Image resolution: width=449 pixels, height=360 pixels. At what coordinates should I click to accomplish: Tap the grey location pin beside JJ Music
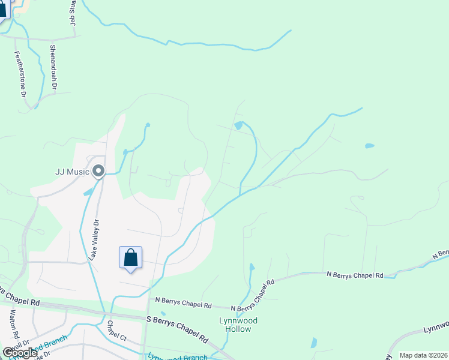pos(99,172)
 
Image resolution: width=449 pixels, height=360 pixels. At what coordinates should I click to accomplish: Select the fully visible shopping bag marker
pos(131,258)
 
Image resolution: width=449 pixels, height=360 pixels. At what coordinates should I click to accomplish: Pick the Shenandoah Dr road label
pos(53,67)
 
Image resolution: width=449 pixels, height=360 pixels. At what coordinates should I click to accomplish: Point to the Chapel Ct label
pos(116,331)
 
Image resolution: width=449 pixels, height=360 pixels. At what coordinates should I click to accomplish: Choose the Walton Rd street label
pos(13,325)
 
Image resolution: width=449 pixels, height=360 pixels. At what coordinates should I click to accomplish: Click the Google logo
pos(20,352)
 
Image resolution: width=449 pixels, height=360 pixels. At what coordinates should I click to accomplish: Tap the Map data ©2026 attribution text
pos(424,355)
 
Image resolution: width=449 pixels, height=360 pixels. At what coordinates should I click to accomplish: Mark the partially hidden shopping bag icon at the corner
pos(3,9)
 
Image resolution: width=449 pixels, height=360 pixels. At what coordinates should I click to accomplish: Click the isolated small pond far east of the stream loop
pos(369,146)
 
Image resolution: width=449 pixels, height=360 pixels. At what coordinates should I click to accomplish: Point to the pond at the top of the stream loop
pos(239,125)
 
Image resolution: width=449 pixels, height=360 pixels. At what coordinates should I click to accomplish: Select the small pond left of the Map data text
pos(313,343)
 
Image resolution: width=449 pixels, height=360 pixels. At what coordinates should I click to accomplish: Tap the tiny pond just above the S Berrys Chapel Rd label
pos(163,313)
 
